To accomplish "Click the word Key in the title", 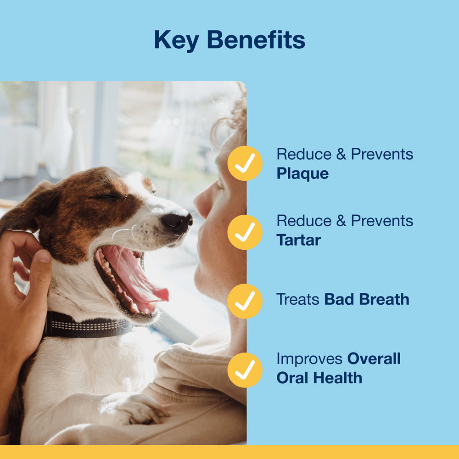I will [x=177, y=40].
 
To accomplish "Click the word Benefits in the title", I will [x=256, y=40].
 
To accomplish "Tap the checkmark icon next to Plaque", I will [x=245, y=163].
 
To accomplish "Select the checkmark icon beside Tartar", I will [x=245, y=232].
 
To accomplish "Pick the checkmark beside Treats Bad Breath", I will [x=245, y=301].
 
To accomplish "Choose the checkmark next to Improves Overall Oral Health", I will [x=245, y=370].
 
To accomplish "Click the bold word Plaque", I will [x=302, y=174].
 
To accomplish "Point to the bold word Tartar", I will [x=298, y=240].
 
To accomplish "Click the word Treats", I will [x=297, y=299].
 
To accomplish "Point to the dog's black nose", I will [x=177, y=222].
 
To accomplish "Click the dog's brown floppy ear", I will [x=34, y=207].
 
